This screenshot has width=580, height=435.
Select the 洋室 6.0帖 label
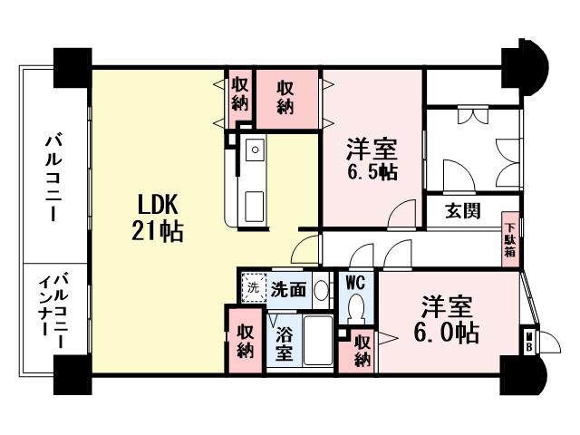(x=448, y=319)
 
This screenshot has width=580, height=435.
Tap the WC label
(x=355, y=282)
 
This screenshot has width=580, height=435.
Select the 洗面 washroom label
(x=289, y=290)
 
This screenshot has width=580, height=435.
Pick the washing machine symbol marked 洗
(x=254, y=288)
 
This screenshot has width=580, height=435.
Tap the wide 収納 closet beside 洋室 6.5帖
(x=285, y=95)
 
